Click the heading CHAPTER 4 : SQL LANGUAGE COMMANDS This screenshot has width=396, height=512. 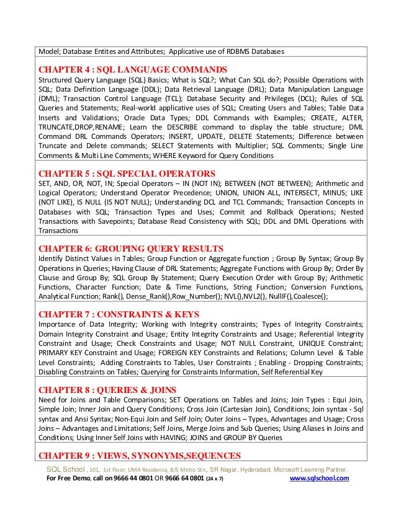pyautogui.click(x=133, y=69)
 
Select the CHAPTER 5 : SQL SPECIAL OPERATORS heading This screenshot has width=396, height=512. pyautogui.click(x=127, y=173)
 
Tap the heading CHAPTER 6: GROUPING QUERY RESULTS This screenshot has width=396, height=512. pyautogui.click(x=131, y=249)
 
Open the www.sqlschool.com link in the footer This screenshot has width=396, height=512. pyautogui.click(x=320, y=479)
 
